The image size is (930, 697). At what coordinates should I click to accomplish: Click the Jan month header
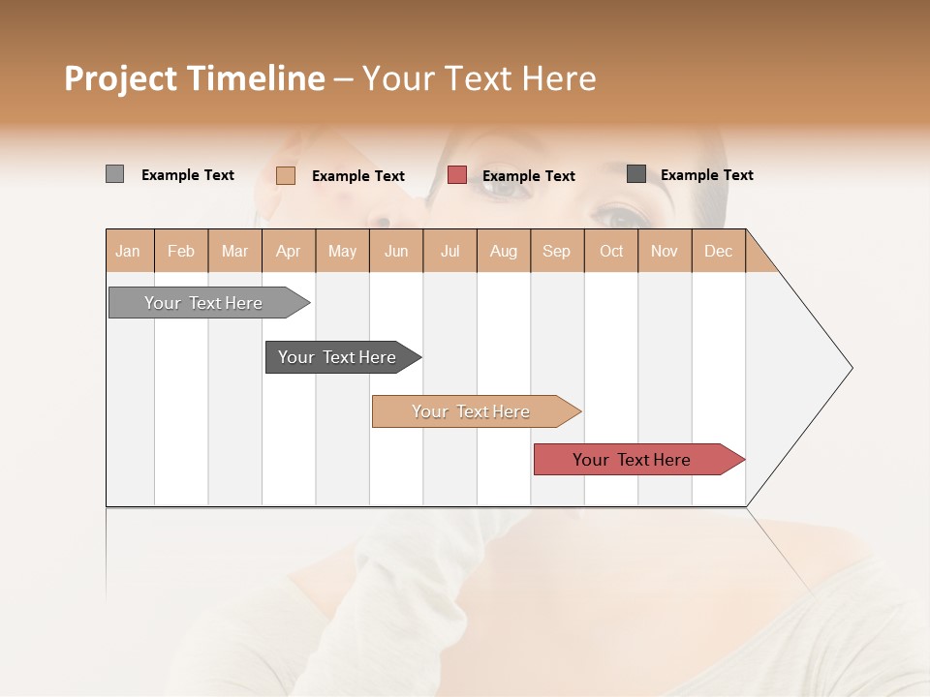(x=129, y=251)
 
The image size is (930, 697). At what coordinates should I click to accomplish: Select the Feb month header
(x=181, y=251)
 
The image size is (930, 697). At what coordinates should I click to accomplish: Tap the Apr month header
(x=289, y=251)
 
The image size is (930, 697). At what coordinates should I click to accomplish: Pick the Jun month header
(x=396, y=251)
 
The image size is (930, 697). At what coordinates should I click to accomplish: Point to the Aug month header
(x=504, y=251)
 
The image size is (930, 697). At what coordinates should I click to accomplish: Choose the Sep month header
(x=557, y=251)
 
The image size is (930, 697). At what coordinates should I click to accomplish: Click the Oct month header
(x=611, y=251)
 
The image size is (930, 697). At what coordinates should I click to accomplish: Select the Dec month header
(x=719, y=251)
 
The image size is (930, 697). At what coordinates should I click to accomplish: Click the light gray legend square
(x=114, y=174)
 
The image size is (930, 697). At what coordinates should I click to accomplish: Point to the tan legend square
(x=285, y=175)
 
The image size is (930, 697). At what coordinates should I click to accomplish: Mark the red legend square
(x=457, y=175)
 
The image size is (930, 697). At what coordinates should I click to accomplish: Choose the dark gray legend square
(x=636, y=174)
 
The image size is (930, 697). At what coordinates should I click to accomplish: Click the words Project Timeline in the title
(x=195, y=78)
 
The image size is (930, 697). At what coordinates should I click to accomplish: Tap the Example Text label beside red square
(x=529, y=176)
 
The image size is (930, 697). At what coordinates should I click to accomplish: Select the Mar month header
(x=235, y=251)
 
